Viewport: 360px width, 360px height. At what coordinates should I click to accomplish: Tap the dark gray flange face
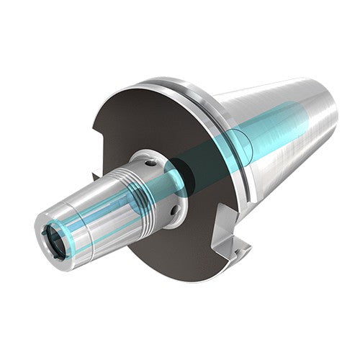(144, 122)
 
